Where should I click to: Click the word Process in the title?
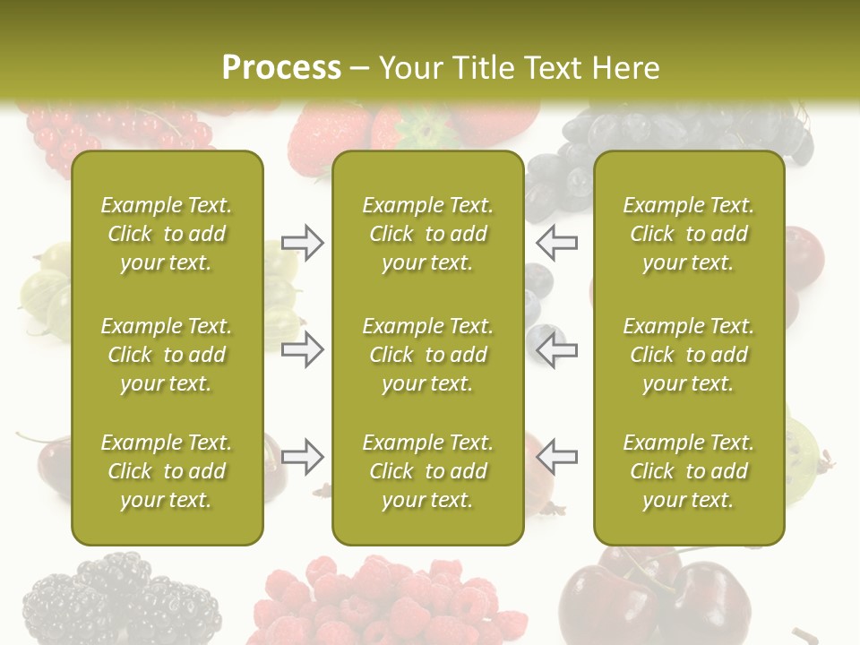(x=281, y=68)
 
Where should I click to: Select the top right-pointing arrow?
(x=302, y=243)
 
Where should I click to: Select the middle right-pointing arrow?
(x=302, y=349)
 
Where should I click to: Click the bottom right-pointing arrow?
(x=302, y=457)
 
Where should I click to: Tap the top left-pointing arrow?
(x=557, y=243)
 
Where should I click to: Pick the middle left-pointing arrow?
(x=557, y=349)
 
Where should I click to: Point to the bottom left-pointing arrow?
(x=557, y=457)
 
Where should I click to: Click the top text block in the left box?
(x=167, y=234)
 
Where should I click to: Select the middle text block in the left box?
(x=167, y=355)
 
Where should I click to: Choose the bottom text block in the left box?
(x=167, y=471)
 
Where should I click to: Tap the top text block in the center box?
(x=427, y=234)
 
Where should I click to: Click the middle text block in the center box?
(x=427, y=355)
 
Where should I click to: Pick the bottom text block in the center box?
(x=427, y=471)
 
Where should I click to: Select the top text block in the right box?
(x=688, y=234)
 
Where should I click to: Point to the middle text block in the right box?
(x=688, y=355)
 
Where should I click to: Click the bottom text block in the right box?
(x=688, y=471)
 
